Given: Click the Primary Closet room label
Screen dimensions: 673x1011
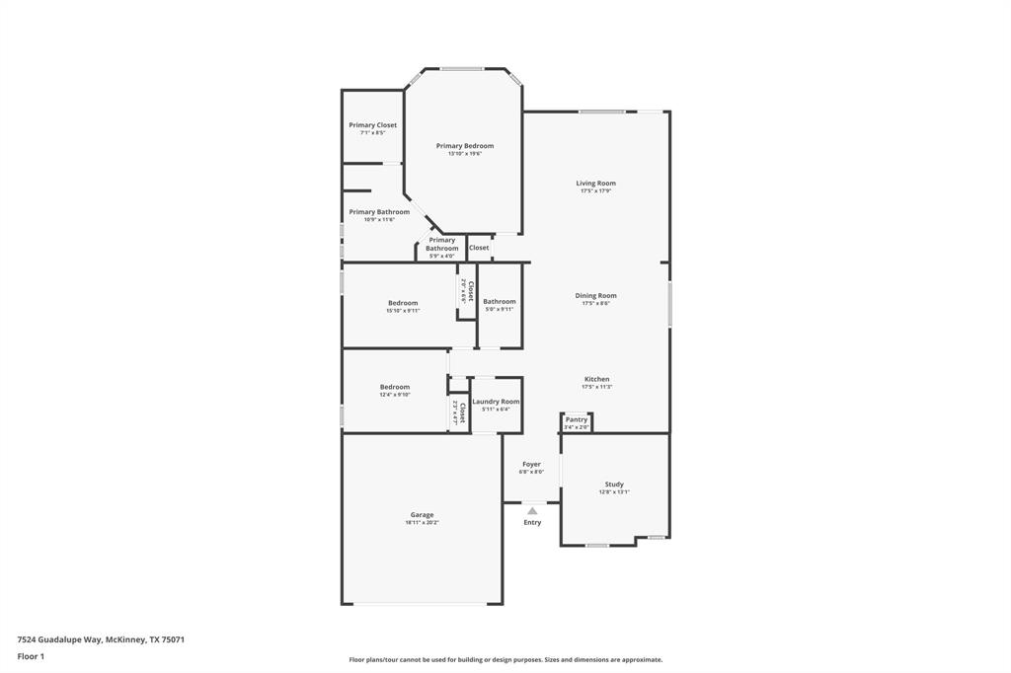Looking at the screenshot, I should pyautogui.click(x=372, y=125).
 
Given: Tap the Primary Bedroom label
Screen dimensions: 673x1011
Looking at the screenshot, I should pyautogui.click(x=465, y=146).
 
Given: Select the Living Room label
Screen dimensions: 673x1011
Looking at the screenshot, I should pyautogui.click(x=595, y=183).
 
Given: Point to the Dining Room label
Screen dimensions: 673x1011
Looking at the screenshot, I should pyautogui.click(x=595, y=295).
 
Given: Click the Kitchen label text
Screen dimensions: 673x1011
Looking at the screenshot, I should pyautogui.click(x=596, y=379).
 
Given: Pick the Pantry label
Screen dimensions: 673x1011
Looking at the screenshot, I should pyautogui.click(x=576, y=419).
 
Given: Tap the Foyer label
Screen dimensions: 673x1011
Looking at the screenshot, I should pyautogui.click(x=531, y=464).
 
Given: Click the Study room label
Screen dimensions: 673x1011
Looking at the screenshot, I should pyautogui.click(x=614, y=485).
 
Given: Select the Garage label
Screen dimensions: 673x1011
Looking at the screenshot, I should pyautogui.click(x=422, y=515).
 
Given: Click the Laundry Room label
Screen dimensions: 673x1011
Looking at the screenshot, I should pyautogui.click(x=496, y=402).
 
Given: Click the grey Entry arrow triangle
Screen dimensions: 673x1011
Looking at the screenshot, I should pyautogui.click(x=532, y=510).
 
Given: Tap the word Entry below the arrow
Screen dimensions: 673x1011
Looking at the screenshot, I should pyautogui.click(x=532, y=522).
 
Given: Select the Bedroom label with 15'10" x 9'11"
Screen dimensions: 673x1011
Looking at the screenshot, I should pyautogui.click(x=403, y=303).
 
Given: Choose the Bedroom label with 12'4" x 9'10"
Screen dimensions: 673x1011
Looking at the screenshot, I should pyautogui.click(x=395, y=387).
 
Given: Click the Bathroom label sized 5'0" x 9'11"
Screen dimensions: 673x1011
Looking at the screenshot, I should pyautogui.click(x=499, y=301).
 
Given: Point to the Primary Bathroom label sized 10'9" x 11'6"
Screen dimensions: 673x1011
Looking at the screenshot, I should pyautogui.click(x=378, y=212).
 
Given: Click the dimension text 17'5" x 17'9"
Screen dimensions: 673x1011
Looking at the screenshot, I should pyautogui.click(x=595, y=190).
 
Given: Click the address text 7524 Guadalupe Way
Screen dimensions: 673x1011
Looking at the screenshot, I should pyautogui.click(x=59, y=639).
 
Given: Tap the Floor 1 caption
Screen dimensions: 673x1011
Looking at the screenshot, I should pyautogui.click(x=31, y=656).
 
